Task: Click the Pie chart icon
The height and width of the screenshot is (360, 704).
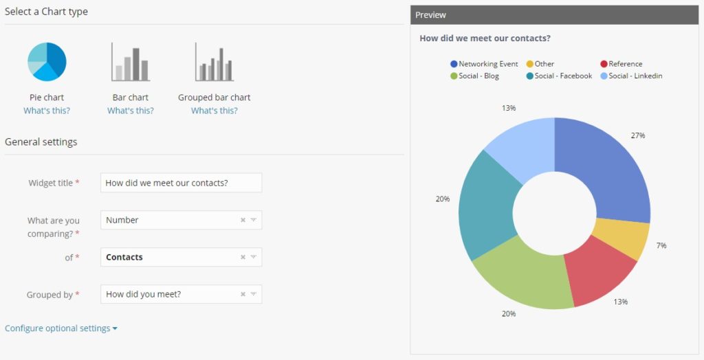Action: point(47,62)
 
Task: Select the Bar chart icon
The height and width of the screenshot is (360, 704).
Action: point(131,62)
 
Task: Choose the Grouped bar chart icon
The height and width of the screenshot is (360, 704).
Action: point(214,62)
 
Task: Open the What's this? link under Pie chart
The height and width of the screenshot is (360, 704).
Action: point(47,111)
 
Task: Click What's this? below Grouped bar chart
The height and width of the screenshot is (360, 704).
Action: point(214,111)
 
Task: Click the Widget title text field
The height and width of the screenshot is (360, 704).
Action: point(181,183)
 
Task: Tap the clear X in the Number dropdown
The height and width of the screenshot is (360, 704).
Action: point(243,220)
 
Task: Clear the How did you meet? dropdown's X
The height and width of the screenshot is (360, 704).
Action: point(243,294)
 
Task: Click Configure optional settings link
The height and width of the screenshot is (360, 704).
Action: point(61,328)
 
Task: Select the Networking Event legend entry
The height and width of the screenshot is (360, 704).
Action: point(484,64)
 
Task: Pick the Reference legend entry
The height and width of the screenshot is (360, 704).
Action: point(621,64)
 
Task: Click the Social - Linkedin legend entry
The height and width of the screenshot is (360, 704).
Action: point(631,76)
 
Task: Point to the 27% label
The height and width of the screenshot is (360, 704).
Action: point(638,135)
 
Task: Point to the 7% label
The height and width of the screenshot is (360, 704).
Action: point(661,245)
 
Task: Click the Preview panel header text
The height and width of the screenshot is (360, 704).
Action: point(430,15)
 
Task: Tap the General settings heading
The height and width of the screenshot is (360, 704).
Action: point(41,142)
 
